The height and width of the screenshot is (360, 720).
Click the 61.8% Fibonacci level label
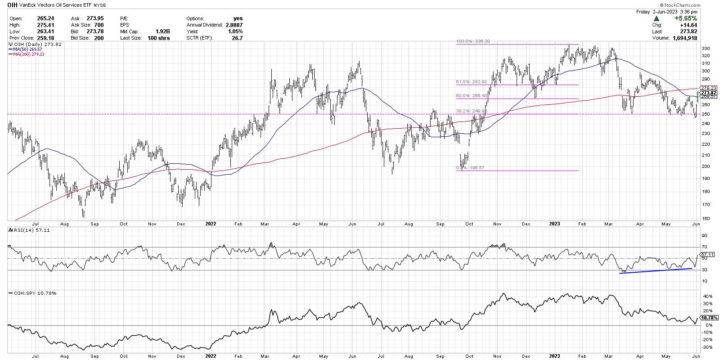477,82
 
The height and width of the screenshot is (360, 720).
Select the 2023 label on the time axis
553,224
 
